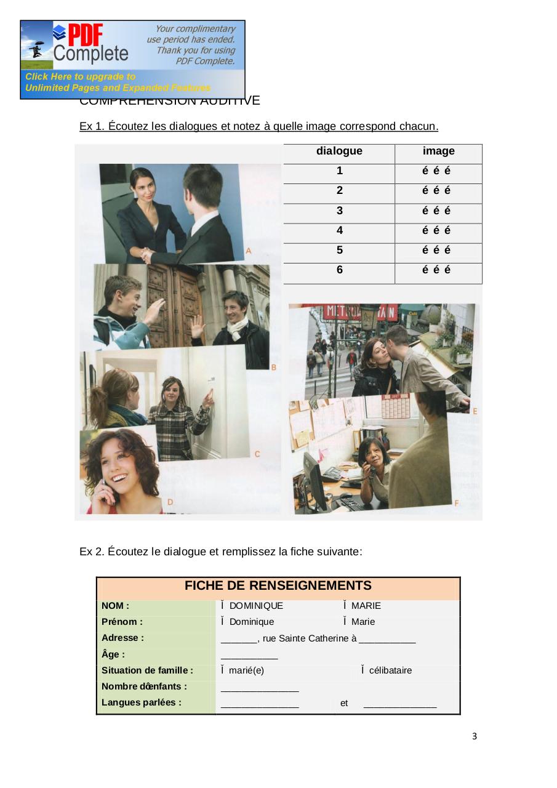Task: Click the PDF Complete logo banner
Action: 132,59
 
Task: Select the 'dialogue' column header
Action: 339,151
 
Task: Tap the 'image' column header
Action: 438,151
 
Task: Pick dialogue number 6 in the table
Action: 339,270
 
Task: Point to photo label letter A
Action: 249,251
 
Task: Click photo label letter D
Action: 170,502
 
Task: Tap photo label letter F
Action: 456,503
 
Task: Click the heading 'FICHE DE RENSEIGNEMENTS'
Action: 278,585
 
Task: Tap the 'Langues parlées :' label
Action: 142,702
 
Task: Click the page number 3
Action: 475,736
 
